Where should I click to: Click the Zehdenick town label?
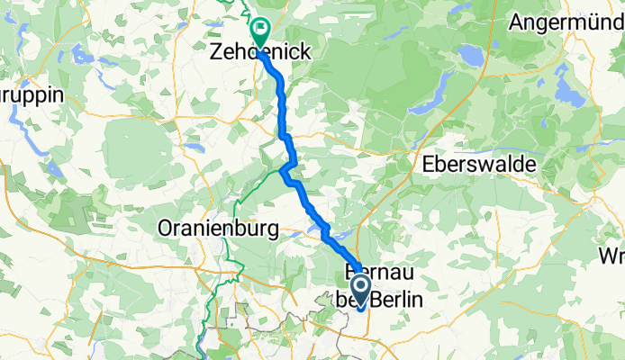point(260,54)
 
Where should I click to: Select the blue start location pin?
point(360,292)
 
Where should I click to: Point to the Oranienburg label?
point(218,229)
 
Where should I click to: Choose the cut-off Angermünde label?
point(566,22)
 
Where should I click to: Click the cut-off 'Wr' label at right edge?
point(611,256)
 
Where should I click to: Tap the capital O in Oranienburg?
point(166,229)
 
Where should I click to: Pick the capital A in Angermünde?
point(516,22)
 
